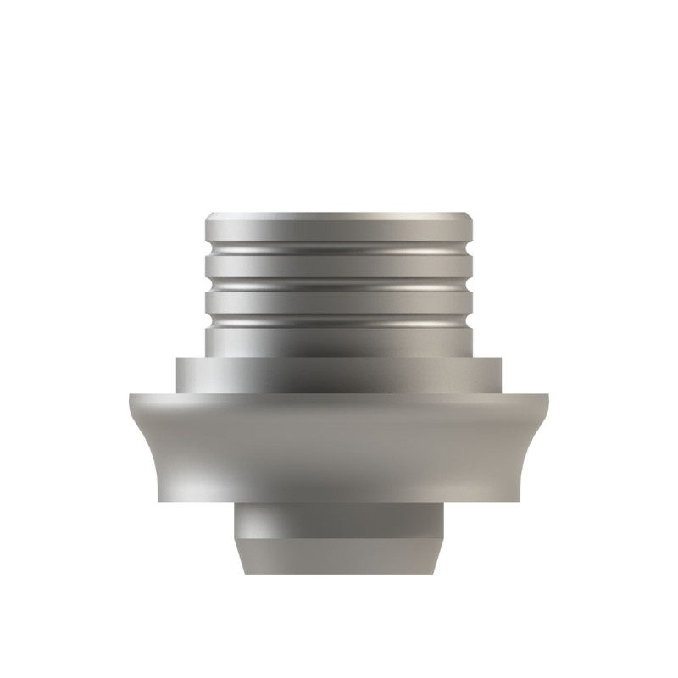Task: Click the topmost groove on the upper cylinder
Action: point(339,247)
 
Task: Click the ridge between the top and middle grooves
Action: point(339,266)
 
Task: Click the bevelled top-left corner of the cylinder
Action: point(208,216)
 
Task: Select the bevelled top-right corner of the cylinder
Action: point(470,216)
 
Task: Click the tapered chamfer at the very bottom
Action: point(339,555)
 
